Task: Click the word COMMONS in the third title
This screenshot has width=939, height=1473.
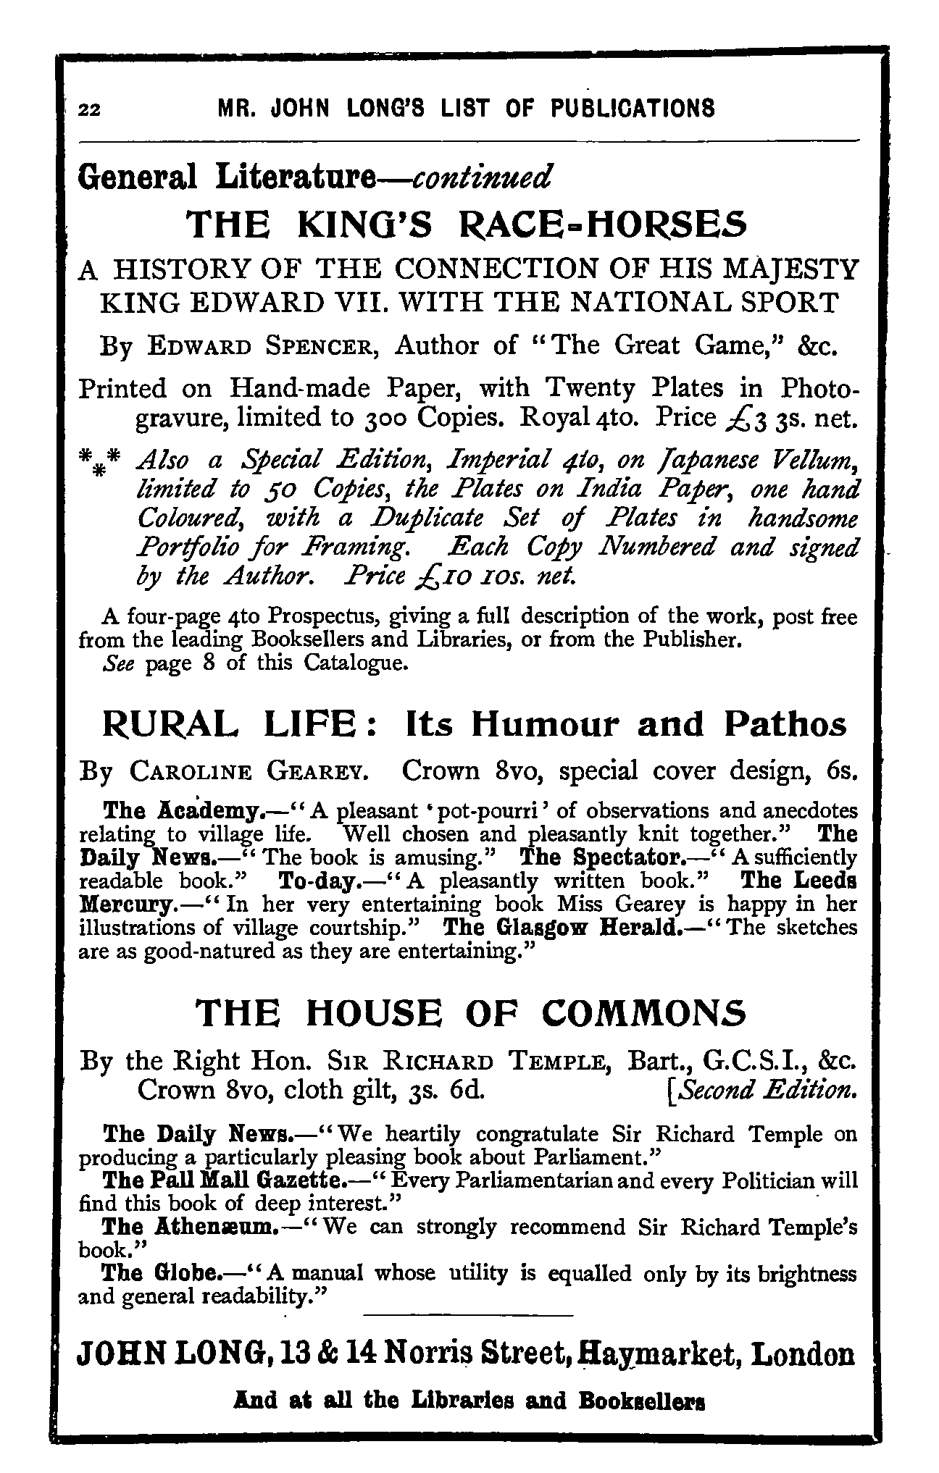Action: [x=643, y=1013]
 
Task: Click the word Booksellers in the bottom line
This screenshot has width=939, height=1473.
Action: [x=642, y=1401]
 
